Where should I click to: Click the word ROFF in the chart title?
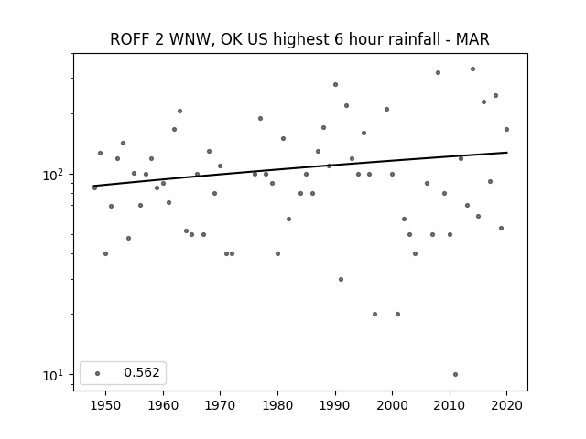tap(126, 39)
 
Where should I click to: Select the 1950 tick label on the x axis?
tap(106, 405)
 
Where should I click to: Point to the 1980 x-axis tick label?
tap(277, 405)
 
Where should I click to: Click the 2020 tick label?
tap(506, 405)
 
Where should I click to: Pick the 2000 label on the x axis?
tap(392, 405)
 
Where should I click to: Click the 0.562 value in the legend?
tap(142, 372)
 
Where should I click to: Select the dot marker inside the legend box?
tap(98, 373)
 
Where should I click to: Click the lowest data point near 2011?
tap(455, 374)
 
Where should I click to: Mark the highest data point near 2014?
tap(472, 70)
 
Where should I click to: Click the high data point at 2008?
tap(438, 73)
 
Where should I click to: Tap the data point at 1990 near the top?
tap(336, 85)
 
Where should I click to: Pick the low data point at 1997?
tap(374, 315)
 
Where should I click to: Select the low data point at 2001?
tap(397, 315)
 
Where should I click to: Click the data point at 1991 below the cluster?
tap(341, 279)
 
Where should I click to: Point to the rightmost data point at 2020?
tap(506, 130)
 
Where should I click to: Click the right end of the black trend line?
tap(507, 153)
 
